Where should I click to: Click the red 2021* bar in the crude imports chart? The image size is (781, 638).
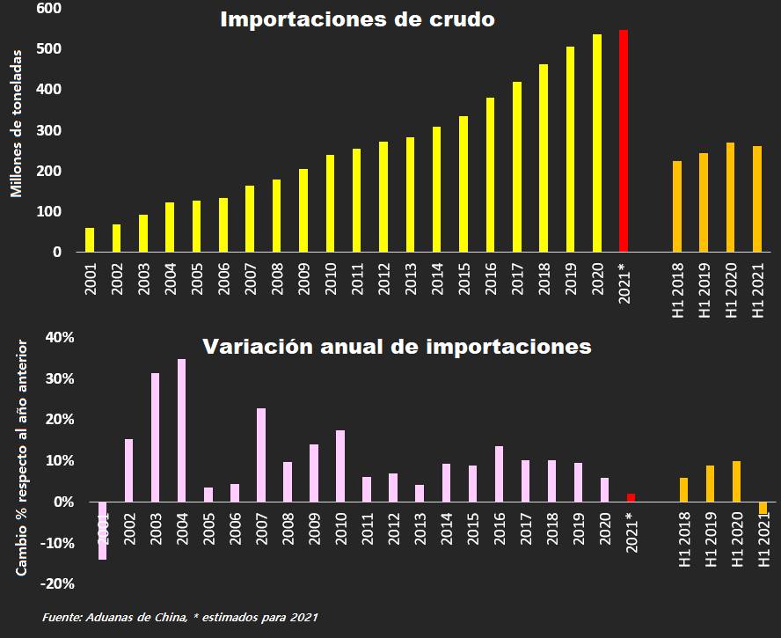click(x=624, y=141)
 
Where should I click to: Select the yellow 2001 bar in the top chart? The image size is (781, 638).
click(x=90, y=239)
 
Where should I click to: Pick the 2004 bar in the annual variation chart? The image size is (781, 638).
click(x=181, y=430)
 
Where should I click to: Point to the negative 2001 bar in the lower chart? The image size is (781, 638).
click(x=102, y=530)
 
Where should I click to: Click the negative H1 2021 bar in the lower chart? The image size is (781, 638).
click(x=763, y=508)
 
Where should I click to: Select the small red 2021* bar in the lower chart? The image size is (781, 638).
click(x=631, y=497)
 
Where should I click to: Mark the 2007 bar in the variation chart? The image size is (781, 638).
click(x=261, y=455)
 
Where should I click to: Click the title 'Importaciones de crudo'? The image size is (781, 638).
click(x=357, y=18)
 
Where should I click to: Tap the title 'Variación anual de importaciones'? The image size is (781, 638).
click(x=397, y=346)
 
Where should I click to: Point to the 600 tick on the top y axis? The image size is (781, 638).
click(x=48, y=8)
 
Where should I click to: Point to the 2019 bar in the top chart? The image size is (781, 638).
click(x=570, y=149)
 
